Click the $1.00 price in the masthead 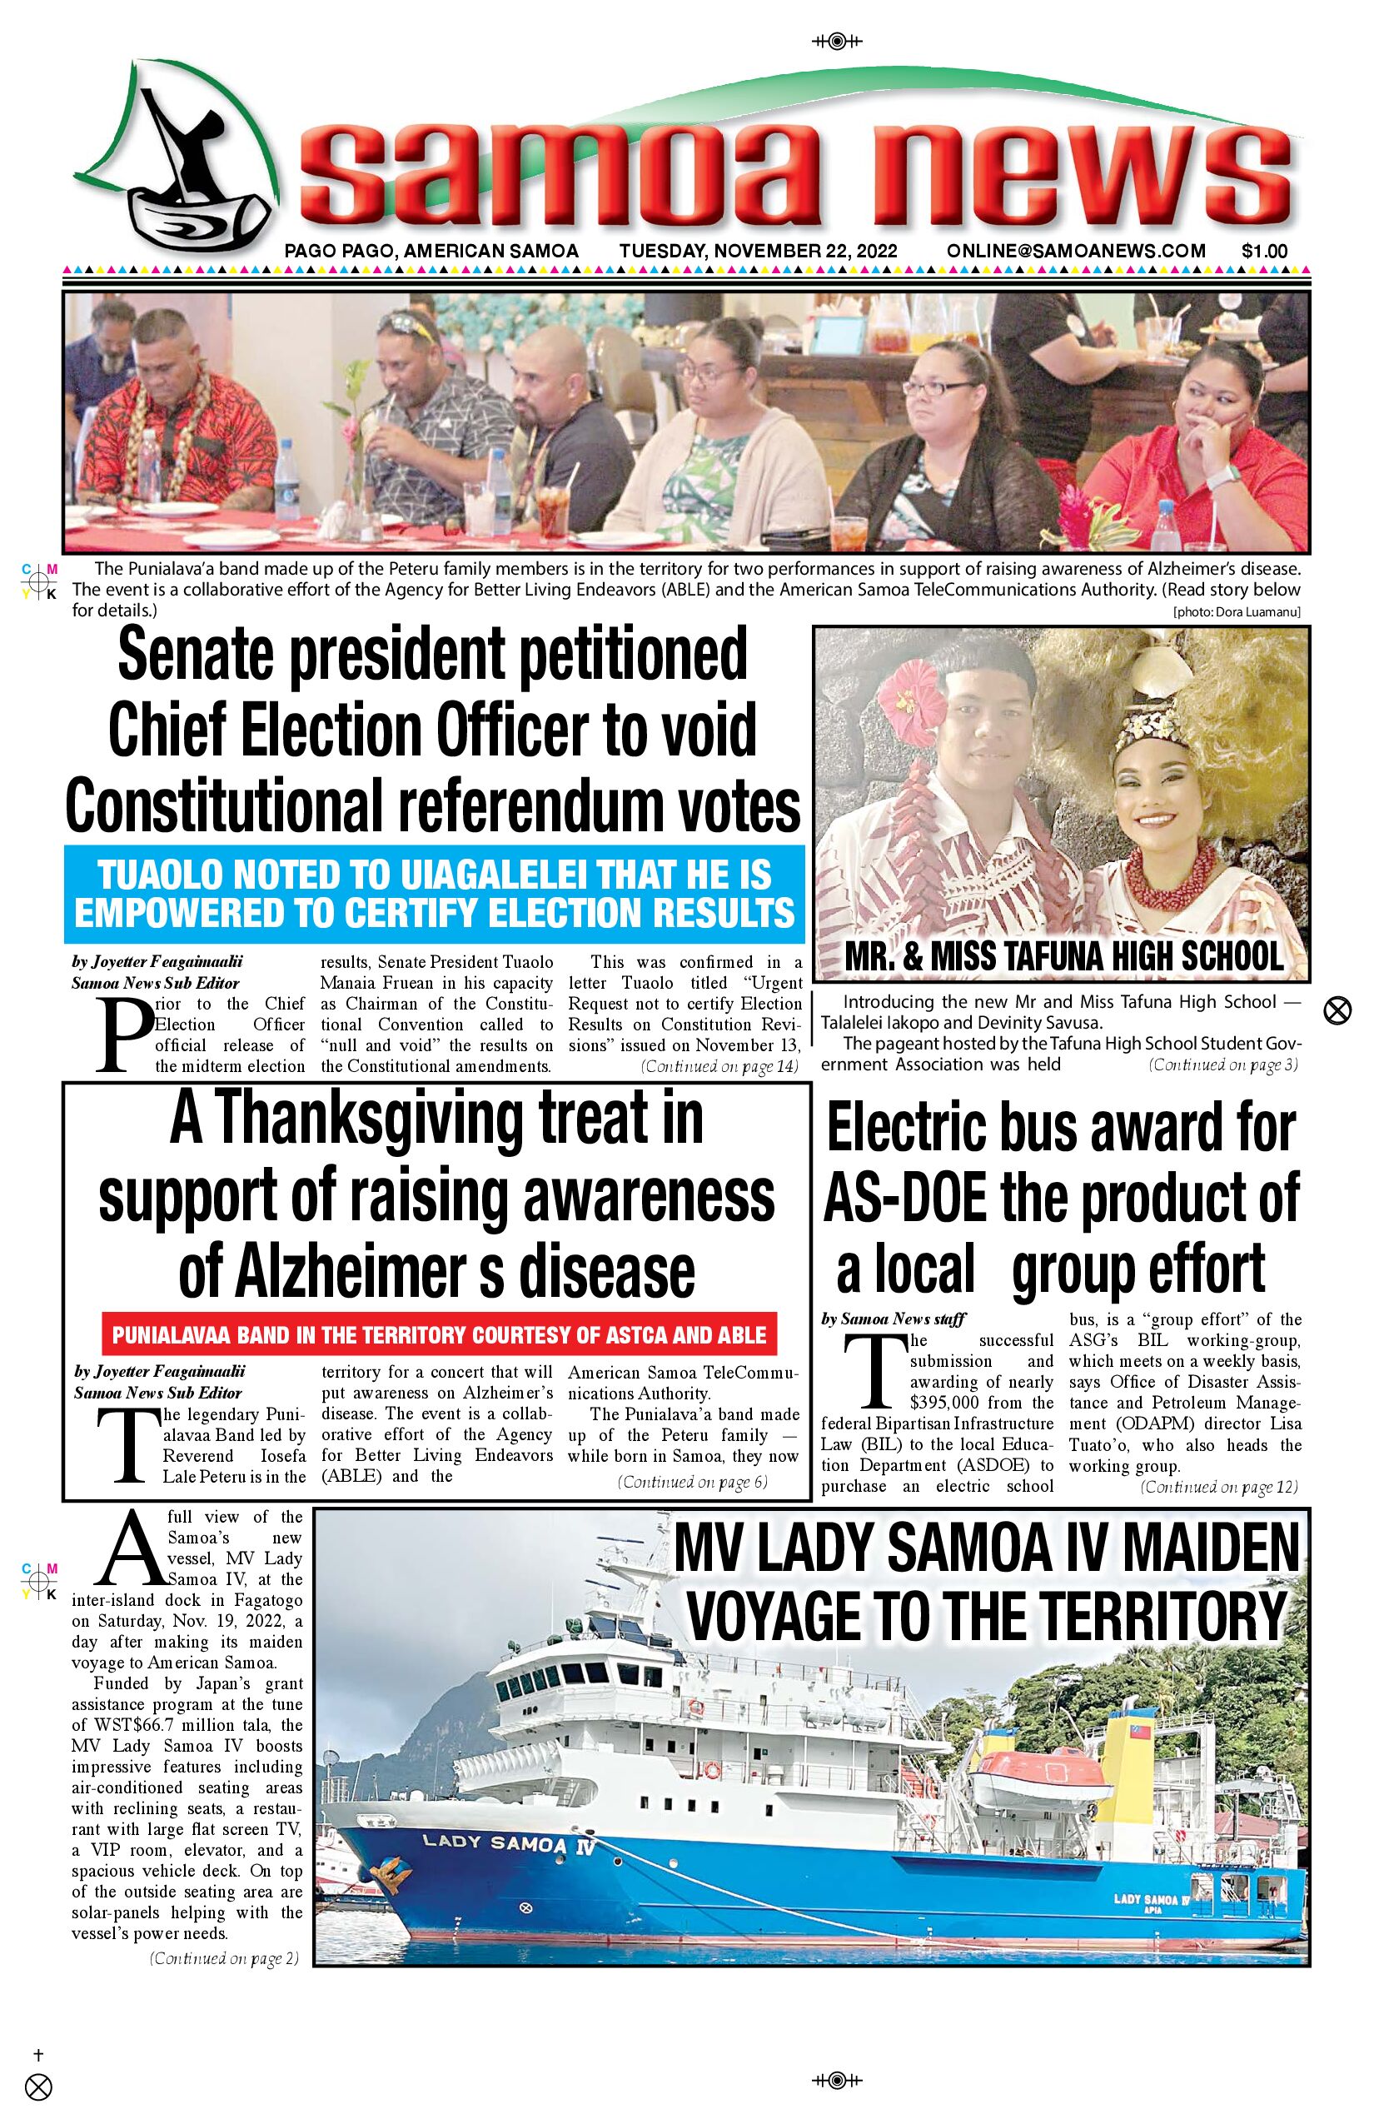click(x=1263, y=252)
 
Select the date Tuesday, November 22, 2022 click(x=759, y=252)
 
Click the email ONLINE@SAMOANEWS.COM click(x=1076, y=252)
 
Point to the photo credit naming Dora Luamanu click(x=1237, y=612)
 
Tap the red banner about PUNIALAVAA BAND click(x=439, y=1335)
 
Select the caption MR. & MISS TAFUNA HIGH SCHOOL click(x=1063, y=957)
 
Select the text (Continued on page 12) click(x=1219, y=1487)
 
